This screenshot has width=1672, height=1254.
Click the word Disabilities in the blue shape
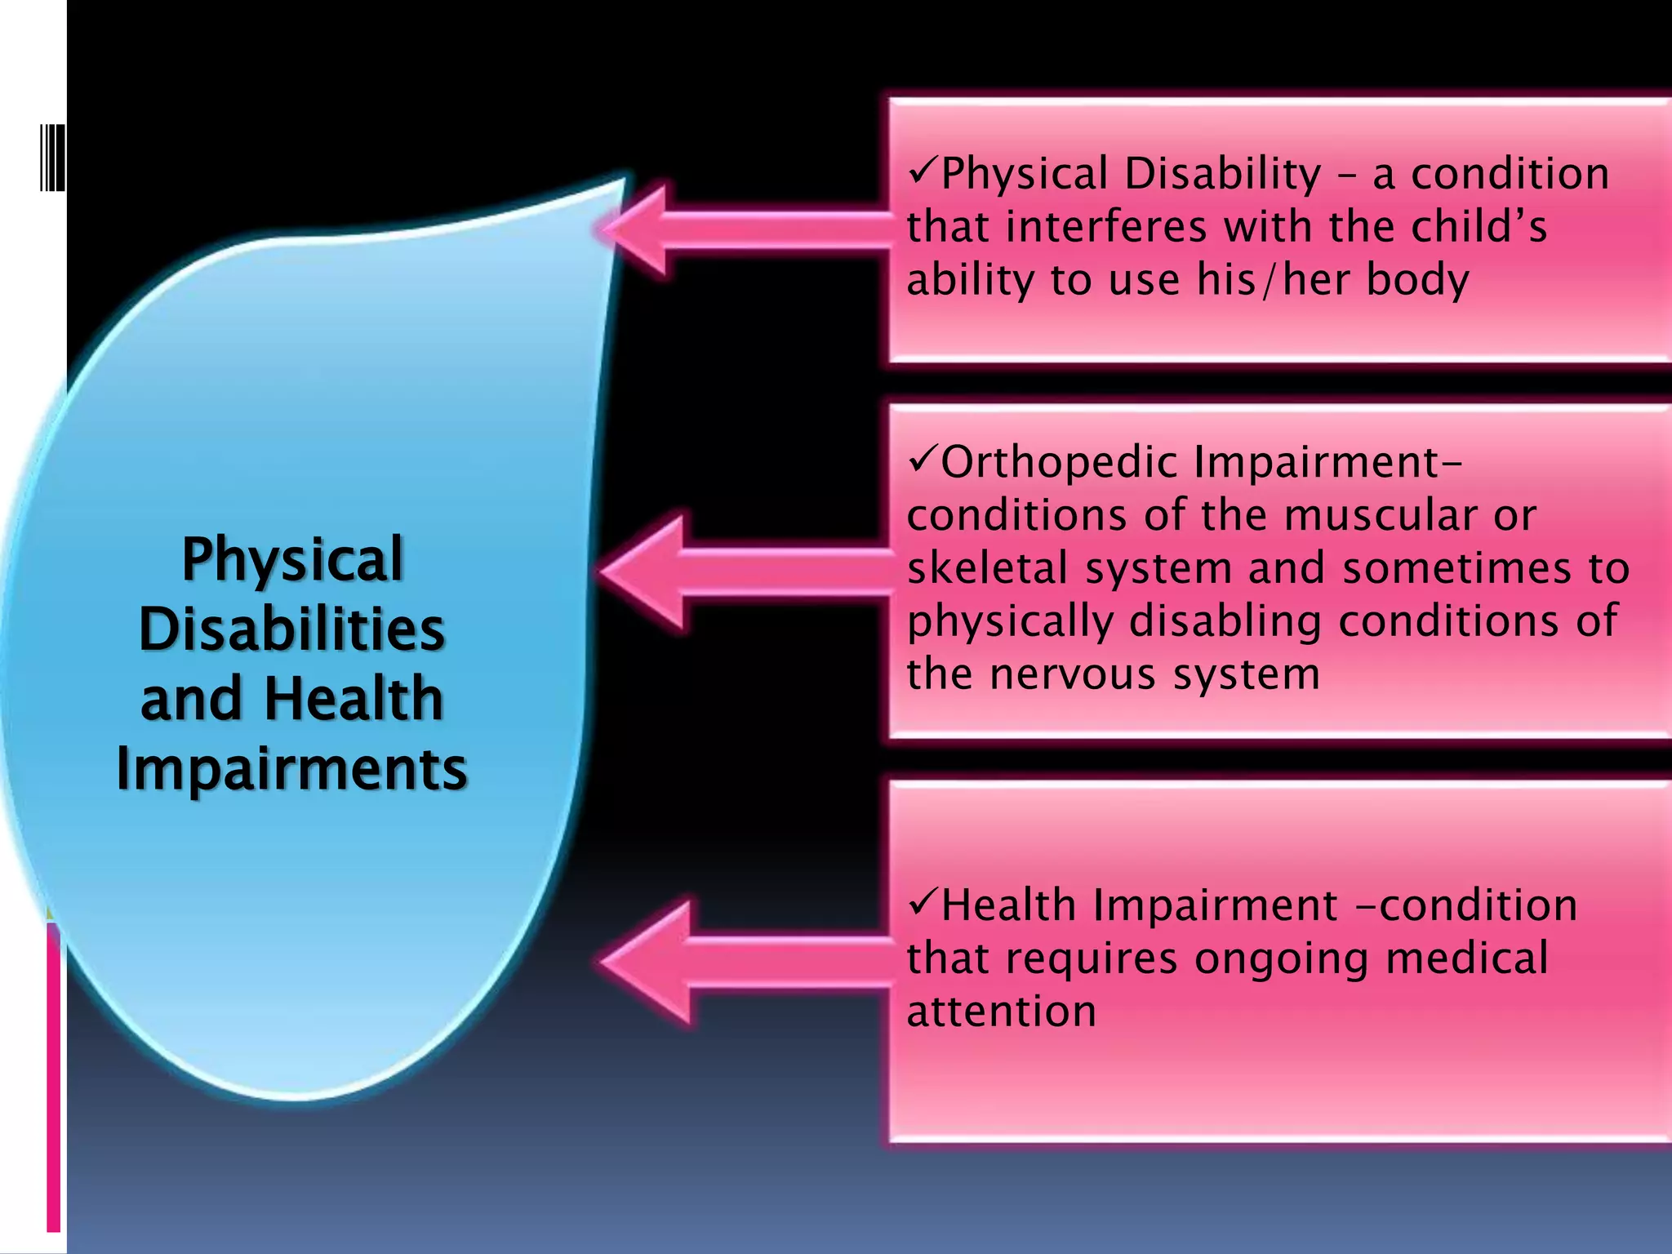click(x=291, y=629)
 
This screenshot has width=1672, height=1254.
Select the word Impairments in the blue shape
click(x=291, y=769)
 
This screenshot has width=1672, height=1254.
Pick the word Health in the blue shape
click(x=353, y=699)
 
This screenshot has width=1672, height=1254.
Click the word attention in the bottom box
click(x=1001, y=1012)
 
